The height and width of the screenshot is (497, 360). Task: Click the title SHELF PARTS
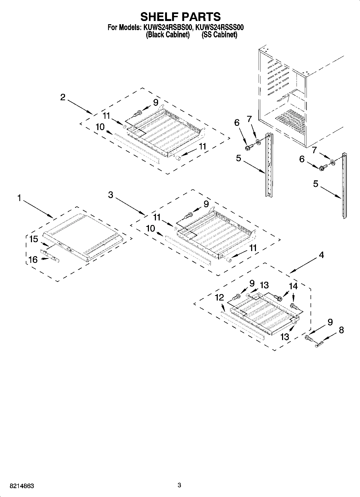tap(180, 17)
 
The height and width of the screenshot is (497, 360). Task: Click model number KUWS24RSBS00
tap(167, 27)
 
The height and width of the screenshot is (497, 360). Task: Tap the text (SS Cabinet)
tap(219, 35)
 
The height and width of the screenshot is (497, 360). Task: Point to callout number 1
tap(19, 198)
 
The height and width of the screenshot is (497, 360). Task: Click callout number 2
tap(63, 97)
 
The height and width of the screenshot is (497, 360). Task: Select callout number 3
tap(111, 195)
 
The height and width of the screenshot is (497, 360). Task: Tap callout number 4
tap(321, 255)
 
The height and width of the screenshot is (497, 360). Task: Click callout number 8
tap(341, 330)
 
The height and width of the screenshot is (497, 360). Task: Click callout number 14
tap(293, 286)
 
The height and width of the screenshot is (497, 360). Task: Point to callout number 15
tap(34, 239)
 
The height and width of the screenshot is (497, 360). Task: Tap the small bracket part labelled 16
tap(50, 256)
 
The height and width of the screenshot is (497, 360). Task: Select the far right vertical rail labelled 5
tap(344, 185)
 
